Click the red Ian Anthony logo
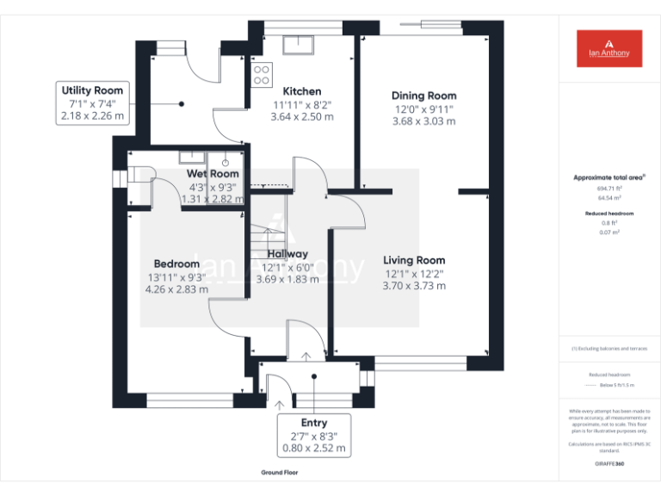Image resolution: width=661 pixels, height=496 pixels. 608,48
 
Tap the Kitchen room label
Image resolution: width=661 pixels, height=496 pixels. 302,91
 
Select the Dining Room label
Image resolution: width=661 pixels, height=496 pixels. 423,96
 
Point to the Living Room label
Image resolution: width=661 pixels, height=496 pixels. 414,260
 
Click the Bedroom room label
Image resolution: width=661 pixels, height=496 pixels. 176,263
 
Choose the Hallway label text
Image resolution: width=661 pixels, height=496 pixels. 287,254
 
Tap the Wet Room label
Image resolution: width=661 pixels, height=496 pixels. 213,174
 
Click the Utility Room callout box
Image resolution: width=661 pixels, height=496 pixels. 91,102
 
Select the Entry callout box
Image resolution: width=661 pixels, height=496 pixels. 314,435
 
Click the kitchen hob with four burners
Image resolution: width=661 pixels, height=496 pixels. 262,74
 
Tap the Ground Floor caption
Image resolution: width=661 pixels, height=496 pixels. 280,473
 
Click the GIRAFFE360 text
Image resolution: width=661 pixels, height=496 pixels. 608,464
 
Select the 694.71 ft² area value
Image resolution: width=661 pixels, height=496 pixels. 608,188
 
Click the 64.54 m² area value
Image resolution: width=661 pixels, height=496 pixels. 608,197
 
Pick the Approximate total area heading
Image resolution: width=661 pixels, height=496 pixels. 608,177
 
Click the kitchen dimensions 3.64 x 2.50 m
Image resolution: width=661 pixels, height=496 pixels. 302,116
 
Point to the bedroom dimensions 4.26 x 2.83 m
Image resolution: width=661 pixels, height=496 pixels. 176,289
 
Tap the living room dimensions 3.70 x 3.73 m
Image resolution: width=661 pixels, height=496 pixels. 414,286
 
